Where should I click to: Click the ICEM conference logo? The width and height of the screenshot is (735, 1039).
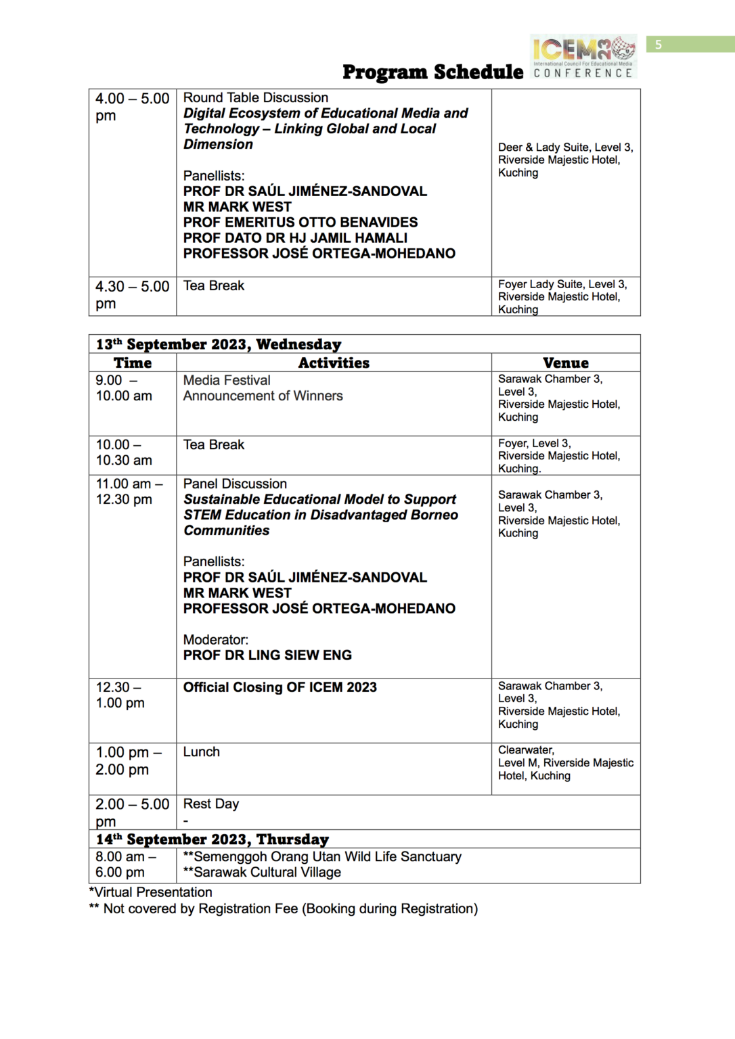(x=583, y=57)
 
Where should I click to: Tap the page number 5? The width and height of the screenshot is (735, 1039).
(x=658, y=45)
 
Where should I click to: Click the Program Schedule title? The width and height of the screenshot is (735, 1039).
(x=432, y=72)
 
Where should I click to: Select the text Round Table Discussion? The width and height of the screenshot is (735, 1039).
(x=255, y=98)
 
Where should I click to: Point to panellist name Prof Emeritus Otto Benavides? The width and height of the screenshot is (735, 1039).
(x=300, y=223)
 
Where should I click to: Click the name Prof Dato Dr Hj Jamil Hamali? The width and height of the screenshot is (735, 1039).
(x=295, y=238)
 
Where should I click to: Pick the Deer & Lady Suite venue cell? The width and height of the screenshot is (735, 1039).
(x=565, y=160)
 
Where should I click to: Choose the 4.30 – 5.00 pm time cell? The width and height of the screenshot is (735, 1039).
(x=132, y=295)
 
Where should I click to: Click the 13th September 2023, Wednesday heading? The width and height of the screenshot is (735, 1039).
(x=218, y=344)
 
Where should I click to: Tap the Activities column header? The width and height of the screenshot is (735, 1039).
(x=334, y=363)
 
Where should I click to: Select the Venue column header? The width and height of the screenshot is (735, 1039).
(x=565, y=363)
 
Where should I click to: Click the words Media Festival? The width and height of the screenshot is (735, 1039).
(x=227, y=381)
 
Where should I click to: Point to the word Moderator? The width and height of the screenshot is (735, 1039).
(x=215, y=640)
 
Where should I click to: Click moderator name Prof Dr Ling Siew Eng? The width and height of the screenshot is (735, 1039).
(x=267, y=655)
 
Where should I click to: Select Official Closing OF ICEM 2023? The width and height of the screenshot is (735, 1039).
(x=280, y=687)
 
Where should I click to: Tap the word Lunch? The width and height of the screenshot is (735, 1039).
(x=201, y=752)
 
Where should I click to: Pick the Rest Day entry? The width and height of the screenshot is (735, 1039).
(x=210, y=804)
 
